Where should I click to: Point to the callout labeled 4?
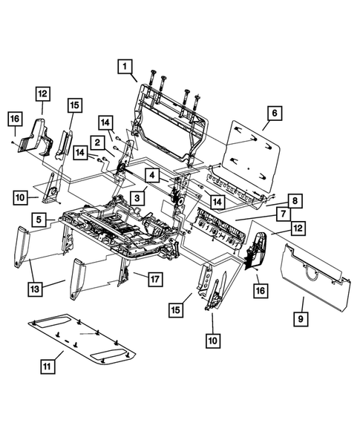[151, 176]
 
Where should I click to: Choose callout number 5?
[39, 220]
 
